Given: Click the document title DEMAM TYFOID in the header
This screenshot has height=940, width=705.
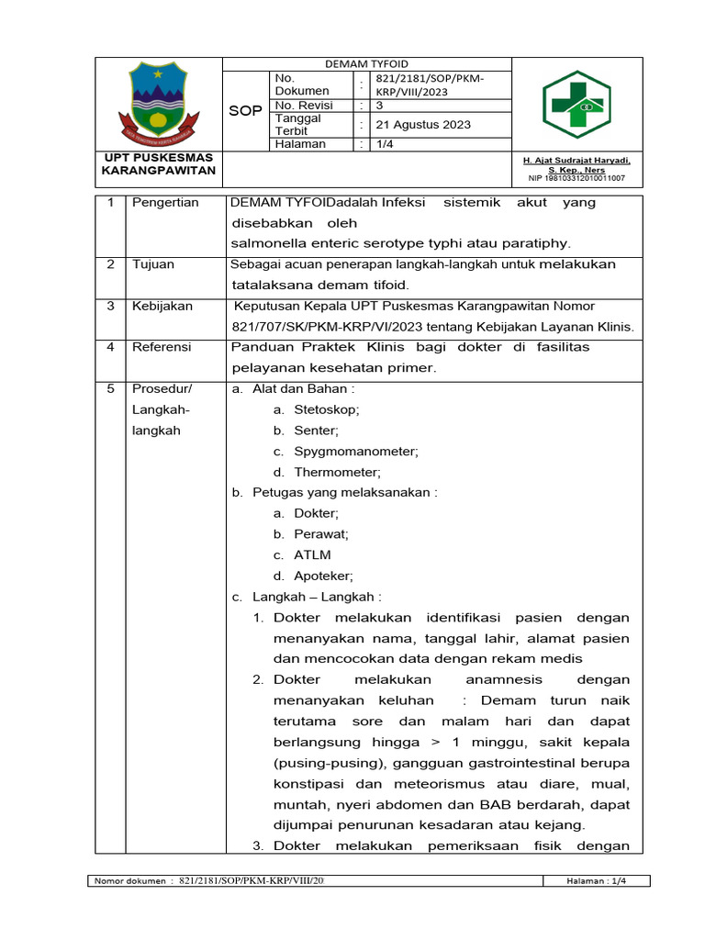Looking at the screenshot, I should tap(367, 64).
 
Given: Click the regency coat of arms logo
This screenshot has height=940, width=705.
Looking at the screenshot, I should tap(160, 101).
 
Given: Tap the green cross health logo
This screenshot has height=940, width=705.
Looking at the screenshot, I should tap(575, 104).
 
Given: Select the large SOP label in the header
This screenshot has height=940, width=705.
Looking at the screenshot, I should tap(245, 110).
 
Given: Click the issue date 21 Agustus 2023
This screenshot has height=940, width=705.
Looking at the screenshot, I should tap(416, 125).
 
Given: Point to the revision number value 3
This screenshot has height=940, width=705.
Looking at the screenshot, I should tap(381, 106).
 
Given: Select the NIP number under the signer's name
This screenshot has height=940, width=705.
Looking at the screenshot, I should tap(576, 178).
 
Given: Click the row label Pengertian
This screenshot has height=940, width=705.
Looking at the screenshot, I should tap(165, 203).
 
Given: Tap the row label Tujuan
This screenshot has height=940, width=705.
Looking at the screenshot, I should tap(152, 264).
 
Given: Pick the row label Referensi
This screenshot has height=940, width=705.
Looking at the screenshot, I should tap(162, 347).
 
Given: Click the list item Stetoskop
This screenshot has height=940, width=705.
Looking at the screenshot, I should tap(327, 409).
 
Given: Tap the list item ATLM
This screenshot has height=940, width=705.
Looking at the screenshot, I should tap(313, 554).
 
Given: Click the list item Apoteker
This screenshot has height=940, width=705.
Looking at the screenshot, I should tap(323, 576).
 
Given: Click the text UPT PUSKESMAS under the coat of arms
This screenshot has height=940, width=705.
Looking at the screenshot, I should tap(158, 158).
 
